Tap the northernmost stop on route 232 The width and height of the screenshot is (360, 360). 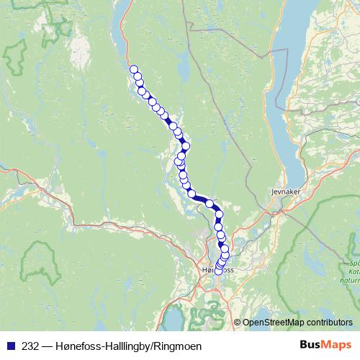pyautogui.click(x=133, y=70)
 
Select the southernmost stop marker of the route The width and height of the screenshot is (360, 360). pyautogui.click(x=218, y=271)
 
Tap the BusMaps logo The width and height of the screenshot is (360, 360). pyautogui.click(x=325, y=345)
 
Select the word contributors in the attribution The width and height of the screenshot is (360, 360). pyautogui.click(x=330, y=323)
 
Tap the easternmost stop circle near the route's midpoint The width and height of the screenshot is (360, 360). pyautogui.click(x=186, y=146)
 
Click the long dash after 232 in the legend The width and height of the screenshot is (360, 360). pyautogui.click(x=46, y=346)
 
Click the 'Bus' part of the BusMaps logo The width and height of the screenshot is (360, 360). pyautogui.click(x=310, y=345)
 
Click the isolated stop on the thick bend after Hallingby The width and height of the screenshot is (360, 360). pyautogui.click(x=210, y=204)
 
